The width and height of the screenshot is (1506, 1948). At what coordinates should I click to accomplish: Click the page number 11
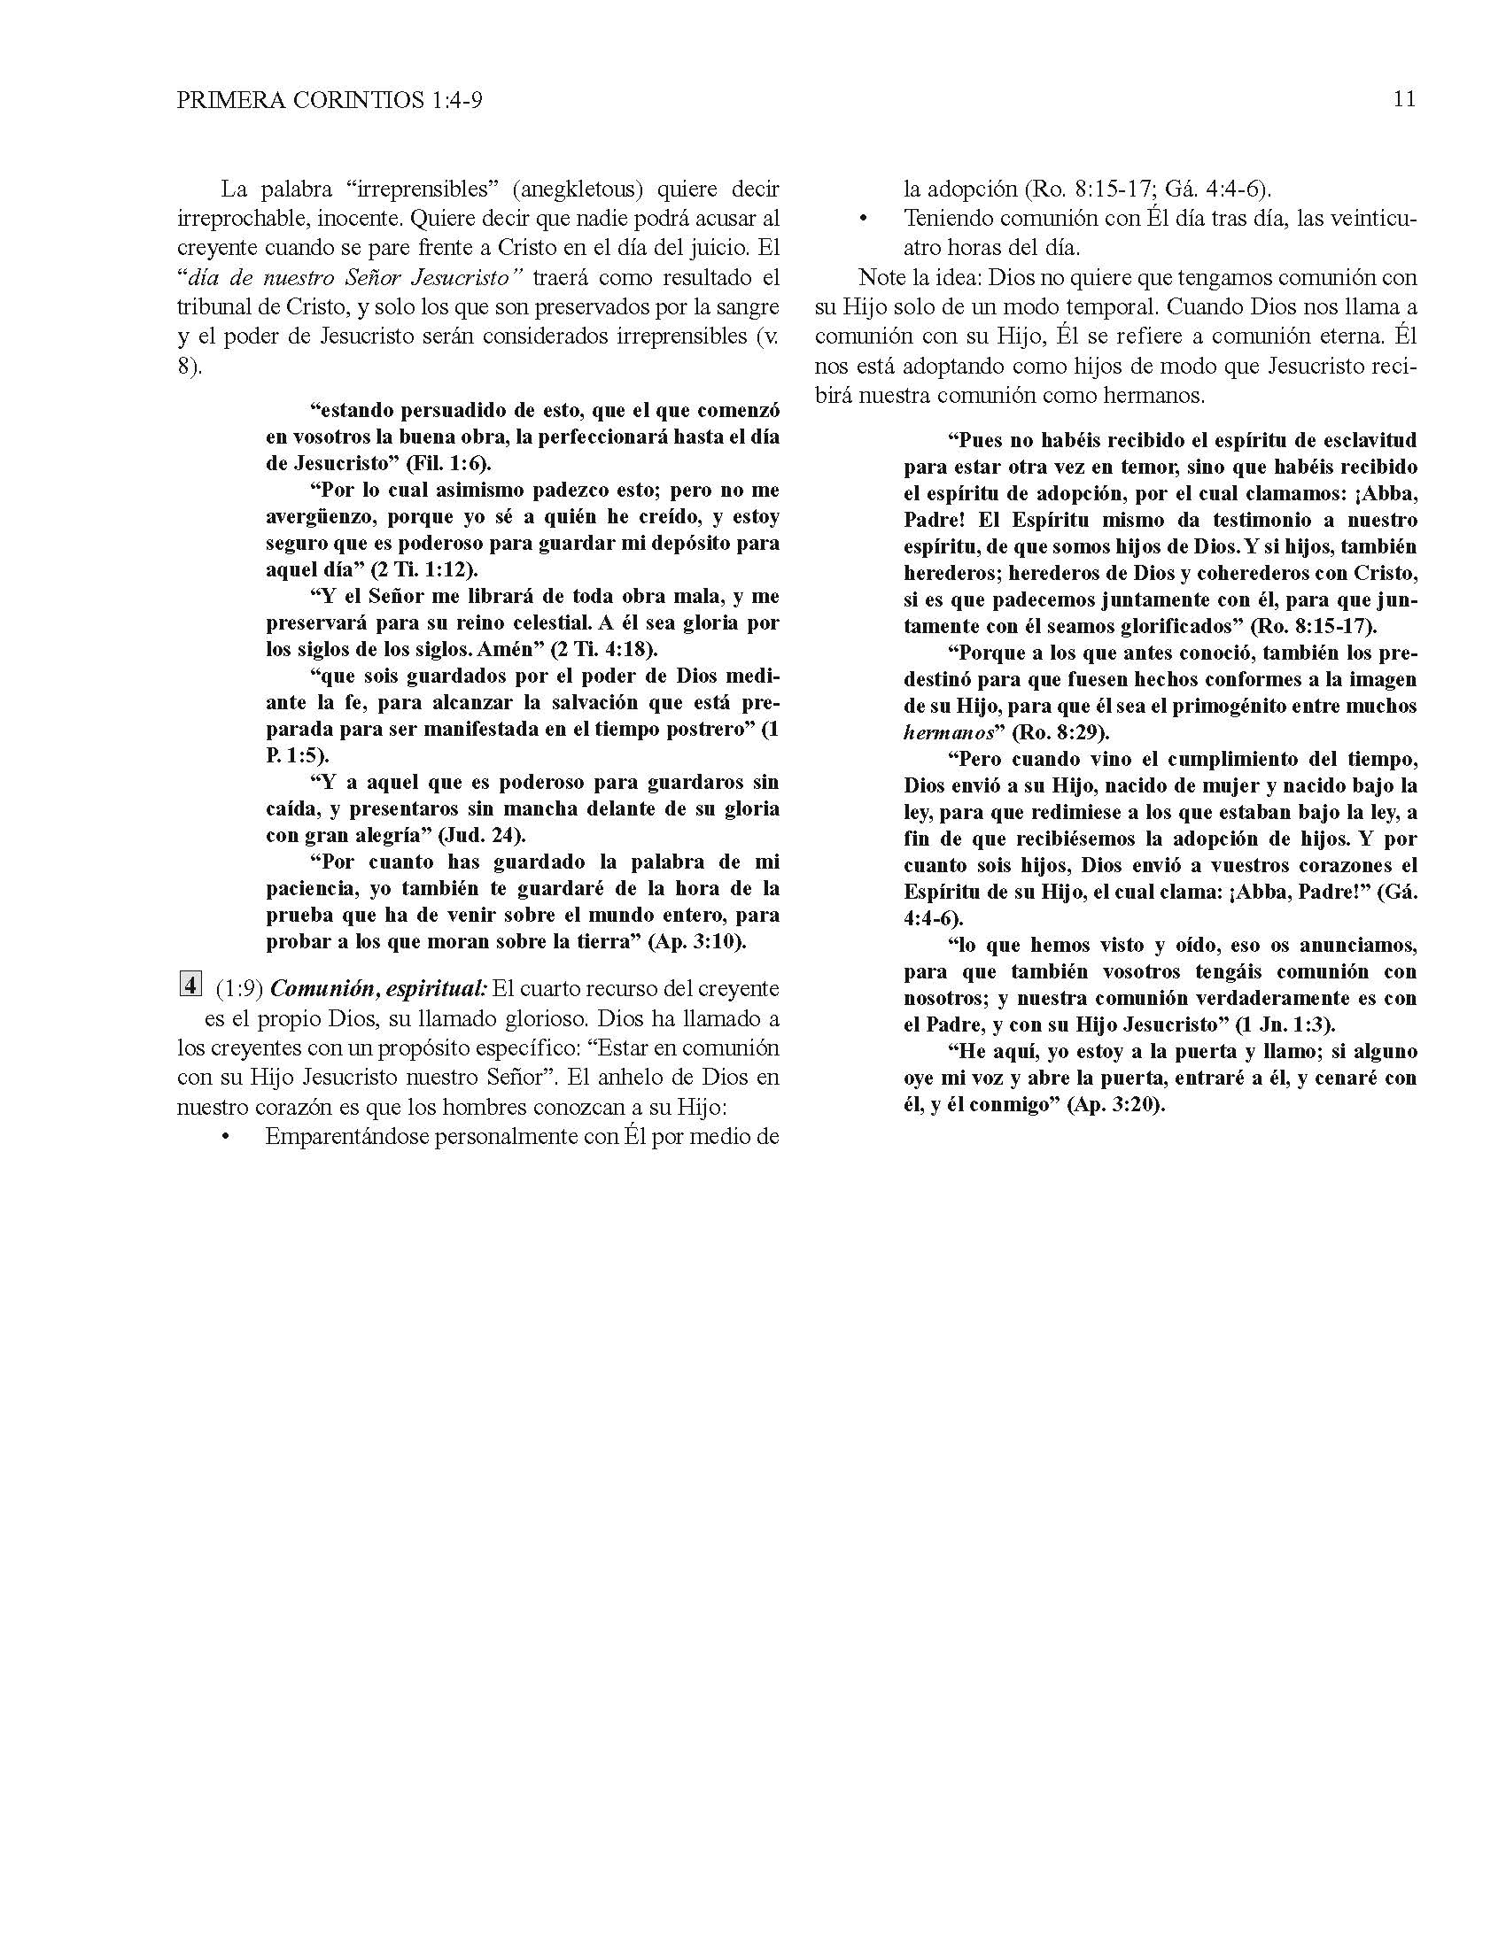pyautogui.click(x=1403, y=99)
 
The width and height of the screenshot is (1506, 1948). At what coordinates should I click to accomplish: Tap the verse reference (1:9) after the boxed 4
pyautogui.click(x=239, y=989)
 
